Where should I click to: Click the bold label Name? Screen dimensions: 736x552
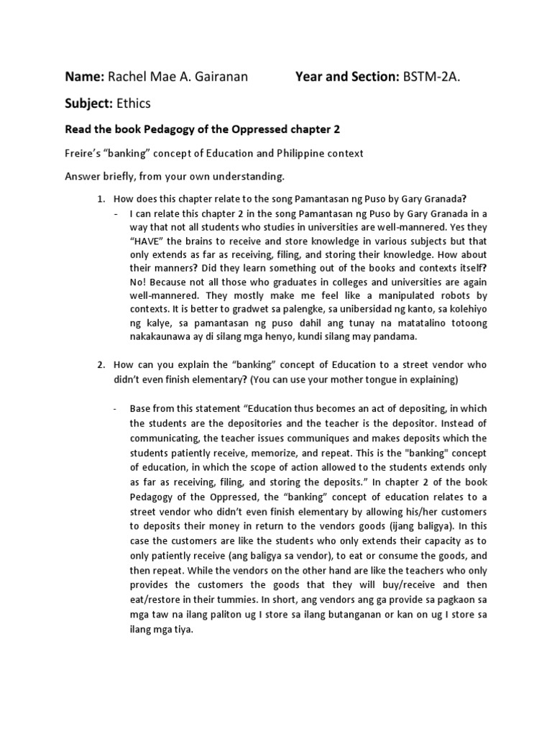coord(86,76)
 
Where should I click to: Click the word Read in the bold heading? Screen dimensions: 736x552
coord(80,130)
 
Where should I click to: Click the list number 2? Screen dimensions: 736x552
coord(101,365)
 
